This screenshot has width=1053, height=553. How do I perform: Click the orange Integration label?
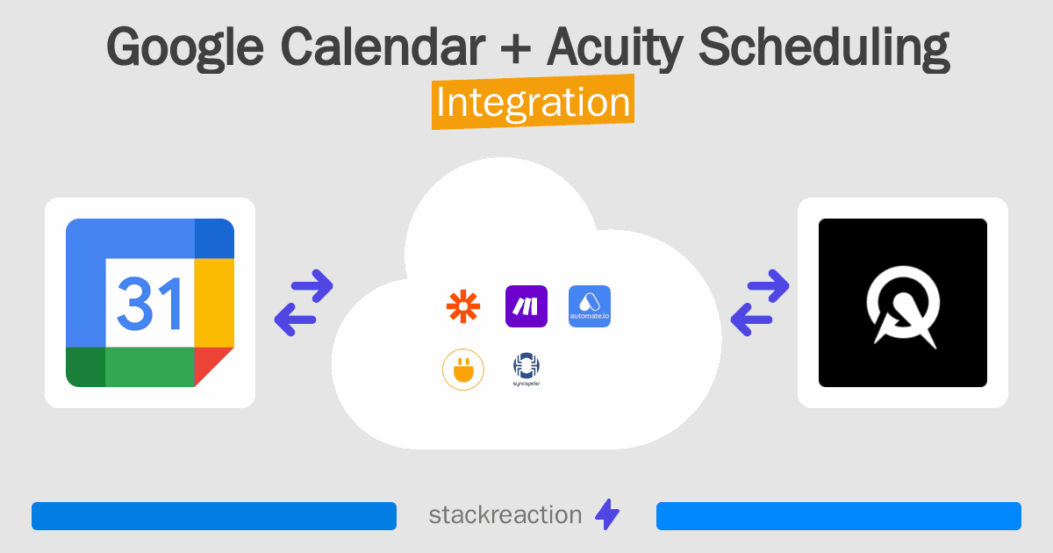coord(533,103)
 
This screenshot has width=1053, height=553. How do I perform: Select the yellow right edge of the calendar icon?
coord(214,303)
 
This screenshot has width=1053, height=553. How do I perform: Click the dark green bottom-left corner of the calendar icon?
coord(85,367)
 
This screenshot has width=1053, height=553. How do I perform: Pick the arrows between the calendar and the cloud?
coord(304,303)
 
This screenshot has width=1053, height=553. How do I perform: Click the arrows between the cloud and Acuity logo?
coord(760,303)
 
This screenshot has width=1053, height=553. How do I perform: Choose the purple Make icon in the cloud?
coord(526,306)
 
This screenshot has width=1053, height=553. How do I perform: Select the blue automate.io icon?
coord(590,306)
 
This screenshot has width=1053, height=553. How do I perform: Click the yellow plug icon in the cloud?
coord(462,370)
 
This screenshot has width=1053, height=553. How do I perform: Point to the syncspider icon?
coord(526,370)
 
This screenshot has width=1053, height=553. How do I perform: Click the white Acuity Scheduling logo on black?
coord(902,303)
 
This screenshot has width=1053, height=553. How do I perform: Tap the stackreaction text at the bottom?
coord(505,515)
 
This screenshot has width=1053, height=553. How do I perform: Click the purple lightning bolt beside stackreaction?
coord(607,515)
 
